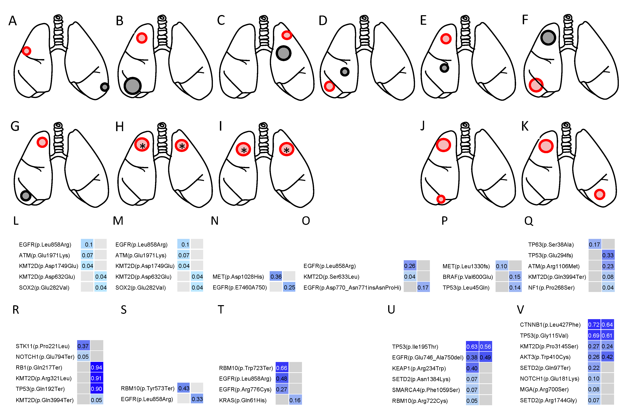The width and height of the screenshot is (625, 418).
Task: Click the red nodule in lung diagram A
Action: pyautogui.click(x=27, y=51)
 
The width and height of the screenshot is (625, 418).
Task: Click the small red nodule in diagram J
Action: pyautogui.click(x=441, y=199)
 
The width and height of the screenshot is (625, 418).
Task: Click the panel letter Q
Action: pyautogui.click(x=529, y=221)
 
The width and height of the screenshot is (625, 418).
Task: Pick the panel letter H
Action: pyautogui.click(x=120, y=127)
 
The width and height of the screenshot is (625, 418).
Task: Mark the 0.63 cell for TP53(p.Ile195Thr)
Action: pyautogui.click(x=472, y=347)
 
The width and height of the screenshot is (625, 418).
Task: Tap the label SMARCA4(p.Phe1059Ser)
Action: pyautogui.click(x=426, y=390)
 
